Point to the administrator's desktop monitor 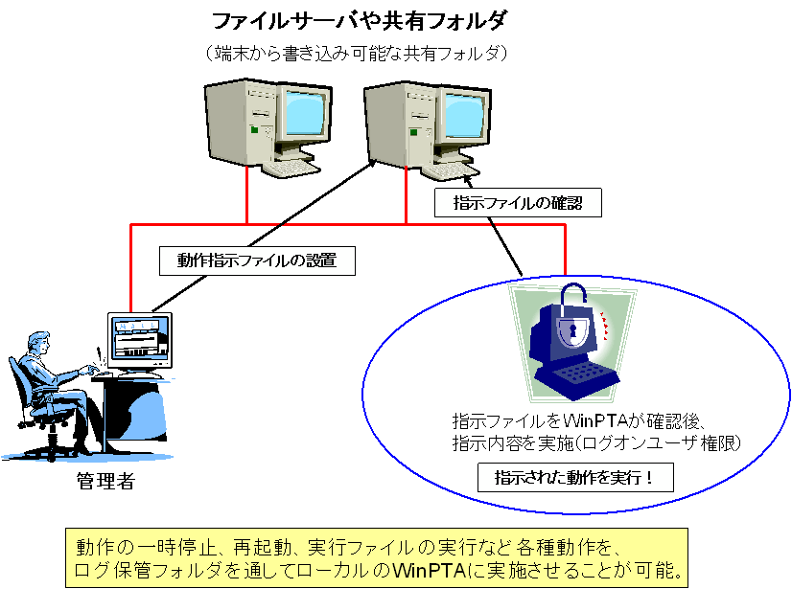click(141, 337)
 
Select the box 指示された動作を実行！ click(572, 476)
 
